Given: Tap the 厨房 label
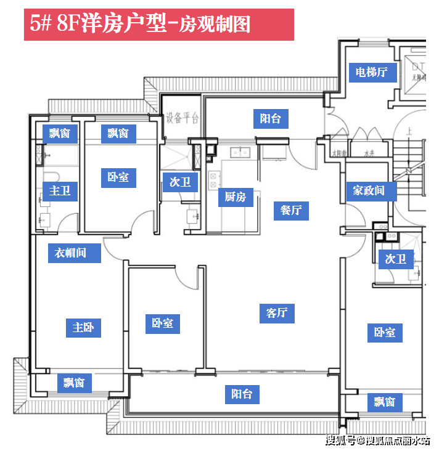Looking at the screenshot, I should [x=236, y=197].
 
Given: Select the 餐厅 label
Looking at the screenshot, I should [x=291, y=210].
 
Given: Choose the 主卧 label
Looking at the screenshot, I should [x=83, y=327].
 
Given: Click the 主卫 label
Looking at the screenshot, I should [x=60, y=191].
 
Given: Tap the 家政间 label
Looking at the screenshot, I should [x=369, y=190].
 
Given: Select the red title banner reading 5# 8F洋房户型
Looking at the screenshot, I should [x=158, y=25].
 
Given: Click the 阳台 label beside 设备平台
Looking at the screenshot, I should [x=271, y=118].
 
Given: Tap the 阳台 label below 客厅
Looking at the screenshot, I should [x=242, y=394].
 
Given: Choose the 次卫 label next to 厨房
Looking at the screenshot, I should [x=180, y=182].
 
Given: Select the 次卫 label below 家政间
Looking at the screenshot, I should [x=396, y=259].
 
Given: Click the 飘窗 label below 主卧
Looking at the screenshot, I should [x=74, y=383].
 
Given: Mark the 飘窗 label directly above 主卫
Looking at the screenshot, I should [x=60, y=132].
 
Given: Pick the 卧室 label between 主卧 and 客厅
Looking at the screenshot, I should [x=163, y=323].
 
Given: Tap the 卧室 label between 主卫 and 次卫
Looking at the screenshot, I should [x=118, y=177].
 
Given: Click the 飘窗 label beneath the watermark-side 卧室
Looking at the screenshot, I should [x=384, y=402].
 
